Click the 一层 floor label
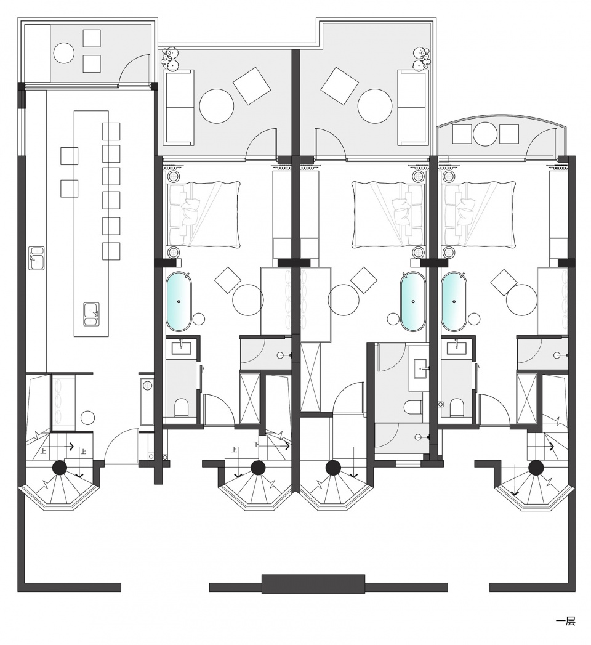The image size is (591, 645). tap(565, 621)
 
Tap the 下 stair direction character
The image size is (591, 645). tap(256, 444)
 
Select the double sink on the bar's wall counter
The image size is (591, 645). tap(37, 258)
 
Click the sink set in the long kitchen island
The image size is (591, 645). tap(91, 314)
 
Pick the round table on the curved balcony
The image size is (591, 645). tap(485, 134)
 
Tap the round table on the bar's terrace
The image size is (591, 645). tap(64, 53)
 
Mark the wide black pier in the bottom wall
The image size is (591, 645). tap(313, 584)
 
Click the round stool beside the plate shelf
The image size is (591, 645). tap(87, 418)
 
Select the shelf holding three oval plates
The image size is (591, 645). tap(63, 402)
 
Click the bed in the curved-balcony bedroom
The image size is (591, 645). tap(479, 215)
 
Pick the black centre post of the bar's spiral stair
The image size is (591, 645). tap(60, 468)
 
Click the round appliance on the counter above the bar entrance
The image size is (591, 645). tap(147, 386)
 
